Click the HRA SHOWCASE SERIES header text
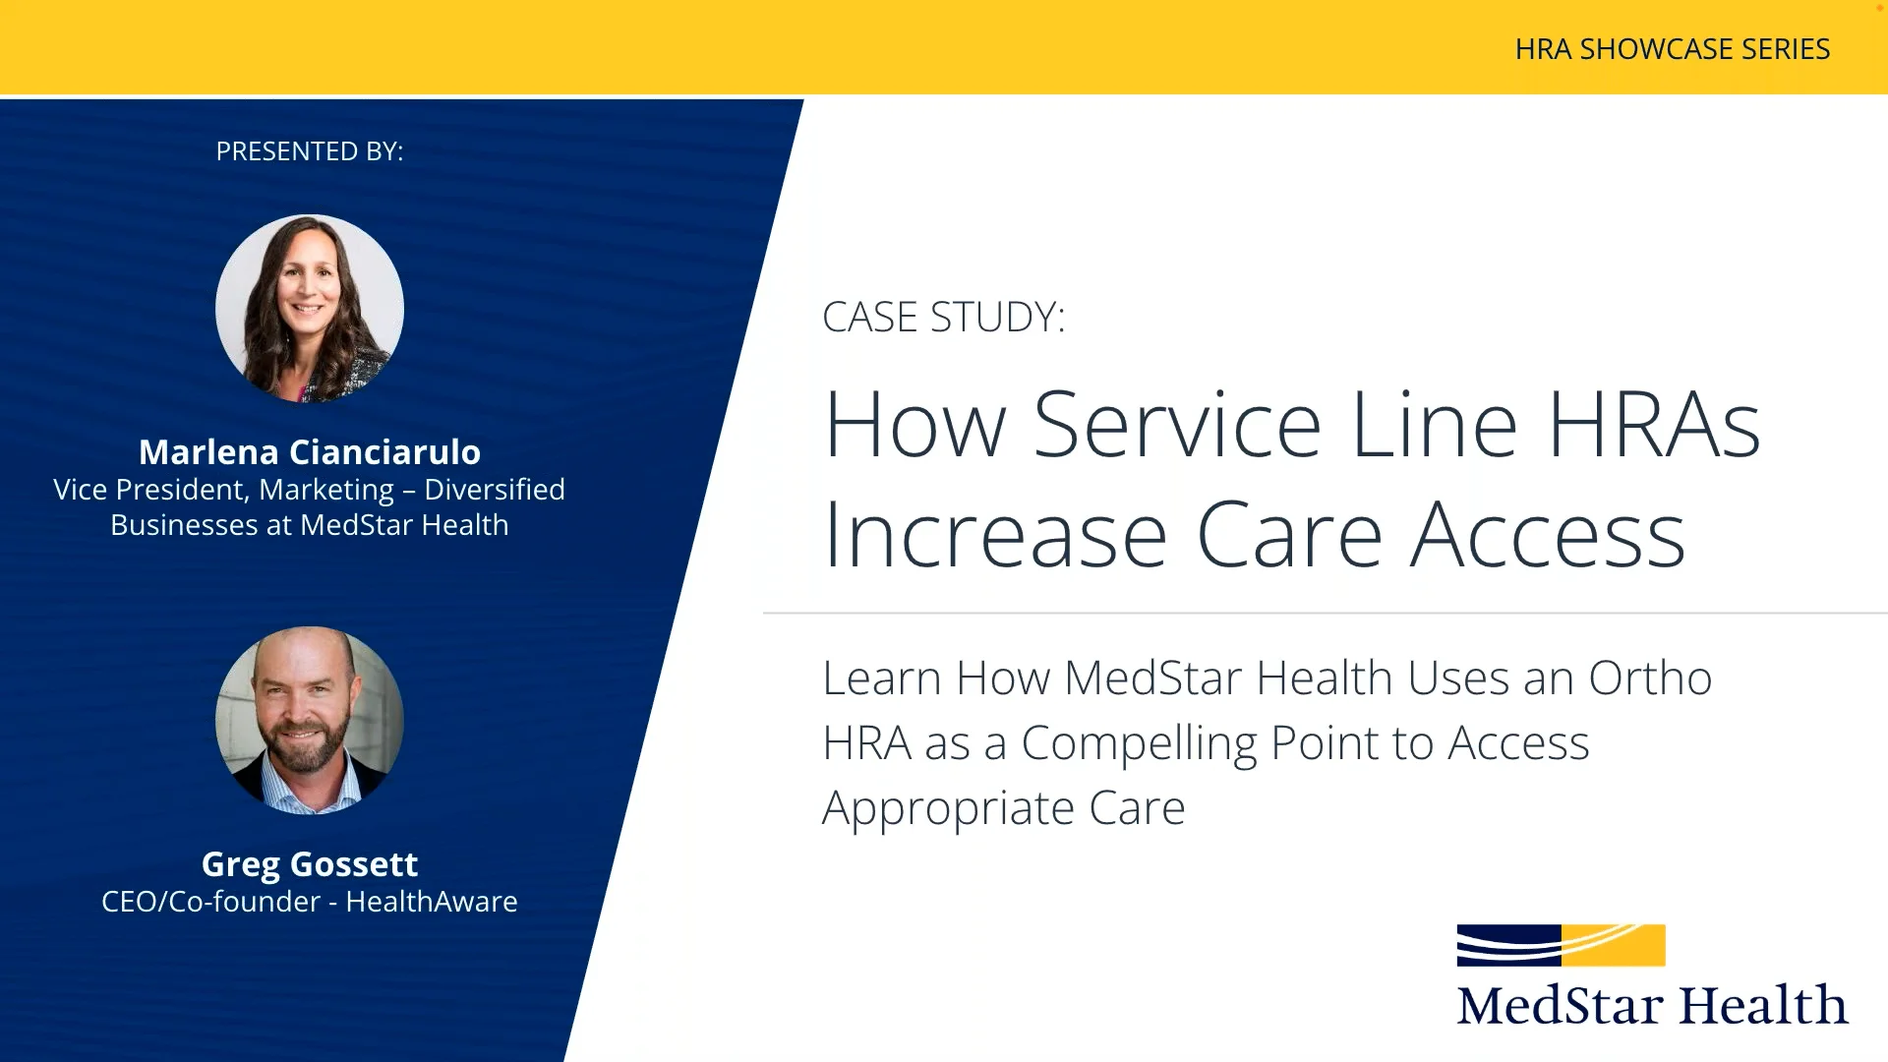pyautogui.click(x=1672, y=49)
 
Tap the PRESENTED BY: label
pyautogui.click(x=309, y=151)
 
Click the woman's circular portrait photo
pyautogui.click(x=309, y=309)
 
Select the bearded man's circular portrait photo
pyautogui.click(x=309, y=721)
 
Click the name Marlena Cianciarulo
pyautogui.click(x=309, y=452)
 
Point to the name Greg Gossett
pyautogui.click(x=309, y=864)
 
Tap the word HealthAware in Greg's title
pyautogui.click(x=431, y=902)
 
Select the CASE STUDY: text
pyautogui.click(x=943, y=318)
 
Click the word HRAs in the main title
pyautogui.click(x=1654, y=426)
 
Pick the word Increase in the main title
pyautogui.click(x=995, y=537)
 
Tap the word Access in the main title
pyautogui.click(x=1548, y=537)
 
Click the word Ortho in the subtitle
pyautogui.click(x=1650, y=678)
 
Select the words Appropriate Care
pyautogui.click(x=1003, y=808)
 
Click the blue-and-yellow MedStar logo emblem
pyautogui.click(x=1561, y=945)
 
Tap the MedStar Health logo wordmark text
pyautogui.click(x=1652, y=1006)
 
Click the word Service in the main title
pyautogui.click(x=1177, y=426)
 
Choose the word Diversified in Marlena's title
pyautogui.click(x=495, y=490)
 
